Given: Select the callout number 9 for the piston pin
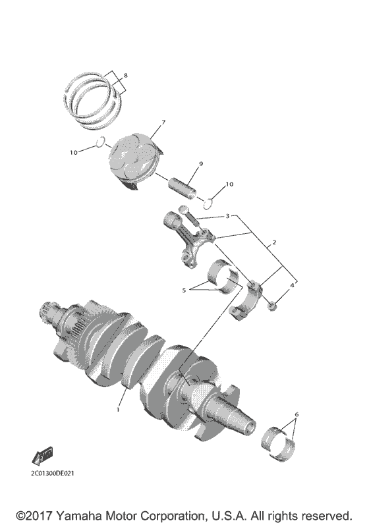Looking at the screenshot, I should (x=200, y=164).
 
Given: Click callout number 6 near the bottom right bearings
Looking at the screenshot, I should (x=297, y=415).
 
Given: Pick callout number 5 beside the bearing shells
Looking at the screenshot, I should (x=184, y=288).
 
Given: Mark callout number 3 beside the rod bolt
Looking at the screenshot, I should (x=227, y=216).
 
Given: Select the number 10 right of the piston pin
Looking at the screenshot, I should (x=229, y=185).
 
